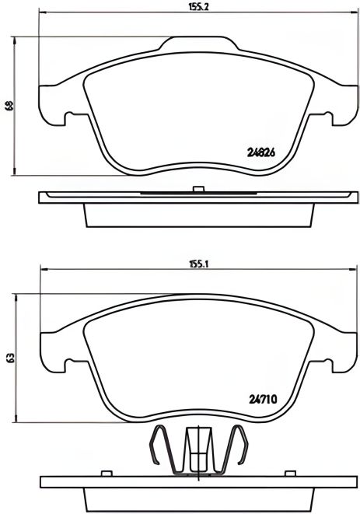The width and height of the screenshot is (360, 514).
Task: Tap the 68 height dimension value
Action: click(x=9, y=107)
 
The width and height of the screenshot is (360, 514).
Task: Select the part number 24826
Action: click(x=262, y=153)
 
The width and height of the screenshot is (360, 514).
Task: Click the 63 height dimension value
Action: click(x=9, y=358)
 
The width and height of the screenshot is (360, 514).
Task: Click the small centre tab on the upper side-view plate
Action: click(x=197, y=187)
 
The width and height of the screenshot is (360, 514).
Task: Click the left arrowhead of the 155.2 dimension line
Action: click(x=42, y=14)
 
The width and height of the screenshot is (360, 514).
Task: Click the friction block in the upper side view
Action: click(x=197, y=214)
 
